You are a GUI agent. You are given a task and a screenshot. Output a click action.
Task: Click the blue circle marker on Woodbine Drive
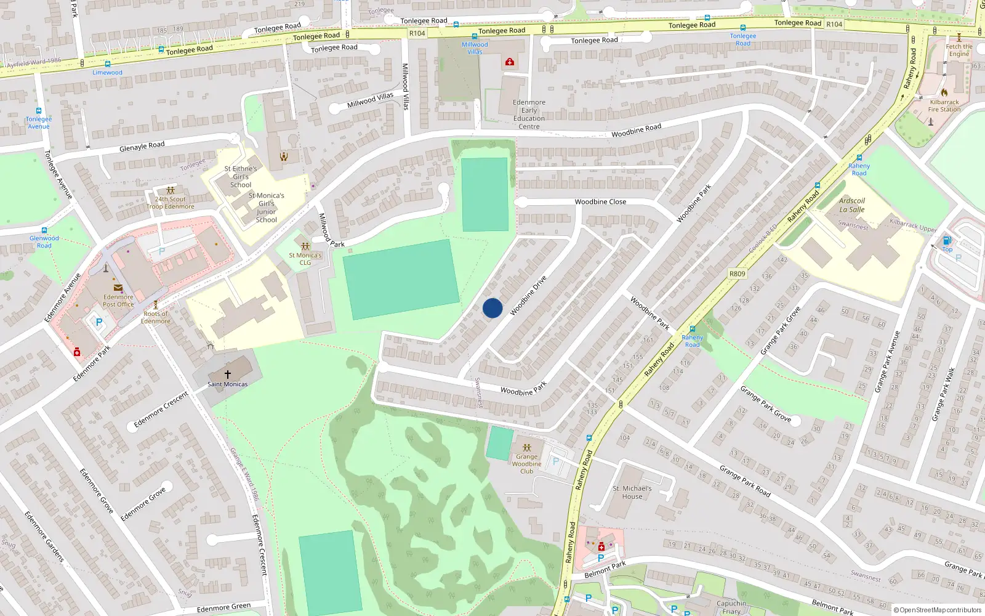pos(492,308)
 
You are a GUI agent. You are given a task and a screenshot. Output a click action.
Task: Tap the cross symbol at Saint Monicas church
pos(227,374)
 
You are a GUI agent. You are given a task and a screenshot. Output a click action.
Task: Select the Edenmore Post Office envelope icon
pos(118,288)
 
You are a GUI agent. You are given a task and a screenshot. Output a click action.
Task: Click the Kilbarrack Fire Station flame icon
pos(944,92)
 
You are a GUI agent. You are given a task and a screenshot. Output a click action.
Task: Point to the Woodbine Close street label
pos(600,202)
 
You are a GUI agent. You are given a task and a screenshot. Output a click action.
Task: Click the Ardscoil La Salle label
pos(852,205)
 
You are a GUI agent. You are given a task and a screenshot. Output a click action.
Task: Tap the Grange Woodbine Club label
pos(526,464)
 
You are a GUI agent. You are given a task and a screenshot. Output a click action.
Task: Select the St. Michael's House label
pos(632,492)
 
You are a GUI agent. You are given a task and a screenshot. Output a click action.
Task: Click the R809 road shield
pos(737,274)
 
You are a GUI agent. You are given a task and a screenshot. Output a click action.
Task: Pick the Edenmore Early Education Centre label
pos(529,115)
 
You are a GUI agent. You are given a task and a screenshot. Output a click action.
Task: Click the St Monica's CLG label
pos(305,259)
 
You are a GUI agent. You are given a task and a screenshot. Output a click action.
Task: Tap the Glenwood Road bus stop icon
pos(44,231)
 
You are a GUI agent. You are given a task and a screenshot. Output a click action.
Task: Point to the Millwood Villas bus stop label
pos(475,48)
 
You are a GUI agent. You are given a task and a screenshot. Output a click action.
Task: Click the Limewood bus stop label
pos(108,73)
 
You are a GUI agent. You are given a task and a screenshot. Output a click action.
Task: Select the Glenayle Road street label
pos(142,147)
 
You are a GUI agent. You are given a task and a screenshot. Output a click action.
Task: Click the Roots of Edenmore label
pos(155,317)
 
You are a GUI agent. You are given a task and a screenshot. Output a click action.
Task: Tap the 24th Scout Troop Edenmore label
pos(171,203)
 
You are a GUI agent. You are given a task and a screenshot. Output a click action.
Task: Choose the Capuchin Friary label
pos(731,607)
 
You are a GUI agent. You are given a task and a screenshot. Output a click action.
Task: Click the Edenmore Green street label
pos(223,608)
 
